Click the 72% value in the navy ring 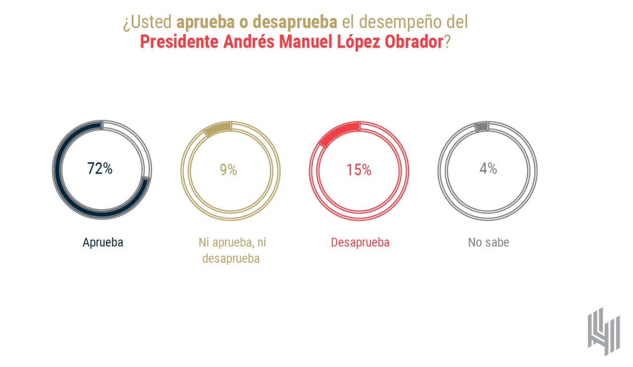pyautogui.click(x=100, y=169)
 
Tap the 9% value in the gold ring pyautogui.click(x=228, y=170)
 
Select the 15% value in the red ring pyautogui.click(x=359, y=170)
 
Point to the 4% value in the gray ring pyautogui.click(x=488, y=169)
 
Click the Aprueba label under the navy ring pyautogui.click(x=102, y=243)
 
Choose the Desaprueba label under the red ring pyautogui.click(x=360, y=243)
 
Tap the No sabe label pyautogui.click(x=489, y=243)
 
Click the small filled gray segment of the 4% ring pyautogui.click(x=482, y=127)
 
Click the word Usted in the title pyautogui.click(x=150, y=23)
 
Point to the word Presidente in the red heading pyautogui.click(x=179, y=42)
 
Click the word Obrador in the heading pyautogui.click(x=411, y=42)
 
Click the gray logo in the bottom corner pyautogui.click(x=603, y=330)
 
